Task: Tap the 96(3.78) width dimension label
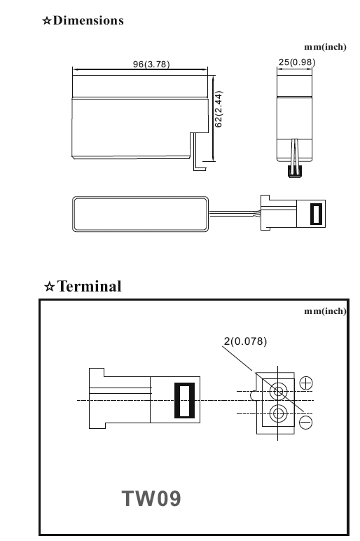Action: point(151,64)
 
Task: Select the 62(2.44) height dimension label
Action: point(219,109)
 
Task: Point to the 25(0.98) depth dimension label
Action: point(297,62)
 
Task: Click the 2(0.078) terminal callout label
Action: point(246,341)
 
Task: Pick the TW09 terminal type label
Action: point(151,498)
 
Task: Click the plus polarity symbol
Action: point(306,383)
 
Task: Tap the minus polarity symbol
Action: point(305,423)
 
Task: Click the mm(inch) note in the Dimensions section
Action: point(325,47)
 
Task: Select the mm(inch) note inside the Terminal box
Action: point(325,311)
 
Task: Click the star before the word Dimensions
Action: point(46,21)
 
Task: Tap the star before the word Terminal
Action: point(50,287)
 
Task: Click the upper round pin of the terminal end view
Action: point(278,392)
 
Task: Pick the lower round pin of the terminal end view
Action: point(278,413)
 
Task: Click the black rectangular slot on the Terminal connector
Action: point(184,400)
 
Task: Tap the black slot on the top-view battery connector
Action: point(316,214)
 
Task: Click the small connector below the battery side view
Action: point(294,172)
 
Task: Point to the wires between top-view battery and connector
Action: point(235,214)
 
